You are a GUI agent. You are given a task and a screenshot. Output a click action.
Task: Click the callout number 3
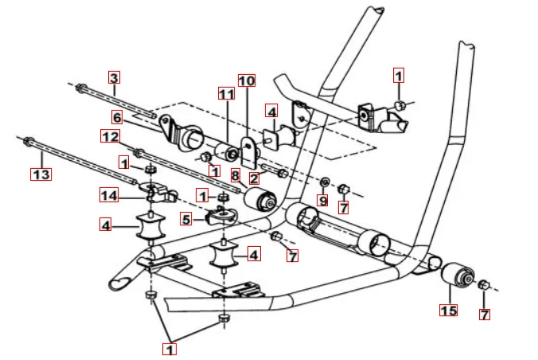tap(114, 78)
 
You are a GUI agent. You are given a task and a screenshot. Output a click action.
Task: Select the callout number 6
tap(117, 117)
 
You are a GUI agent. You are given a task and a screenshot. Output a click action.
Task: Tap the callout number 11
tap(227, 95)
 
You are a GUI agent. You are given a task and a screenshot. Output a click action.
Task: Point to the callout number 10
tap(247, 81)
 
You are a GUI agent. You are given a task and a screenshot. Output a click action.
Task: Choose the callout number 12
tap(110, 137)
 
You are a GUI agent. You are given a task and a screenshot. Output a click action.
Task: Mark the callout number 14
tap(109, 194)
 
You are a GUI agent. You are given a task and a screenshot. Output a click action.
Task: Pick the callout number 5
tap(185, 217)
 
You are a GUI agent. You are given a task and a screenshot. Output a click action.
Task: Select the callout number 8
tap(236, 174)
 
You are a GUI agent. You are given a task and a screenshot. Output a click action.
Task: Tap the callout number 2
tap(253, 178)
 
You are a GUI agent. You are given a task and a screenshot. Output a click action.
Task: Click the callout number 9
tap(322, 201)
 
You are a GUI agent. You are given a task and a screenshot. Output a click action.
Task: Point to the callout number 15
tap(449, 310)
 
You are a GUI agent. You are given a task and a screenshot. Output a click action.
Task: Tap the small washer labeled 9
tap(324, 182)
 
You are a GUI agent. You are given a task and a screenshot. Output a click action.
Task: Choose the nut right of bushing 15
tap(484, 284)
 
